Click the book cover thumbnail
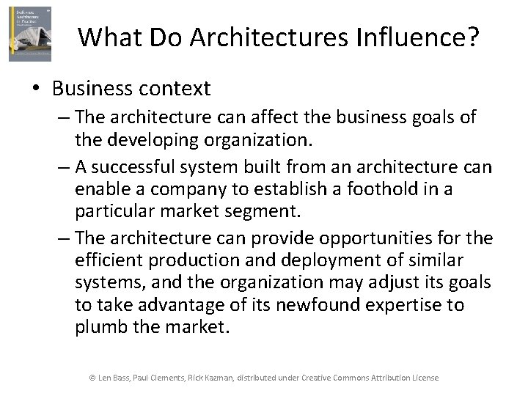(x=30, y=34)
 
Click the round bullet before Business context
(x=37, y=89)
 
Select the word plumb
(x=101, y=326)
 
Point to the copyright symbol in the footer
(x=92, y=378)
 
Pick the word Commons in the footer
(x=353, y=378)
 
